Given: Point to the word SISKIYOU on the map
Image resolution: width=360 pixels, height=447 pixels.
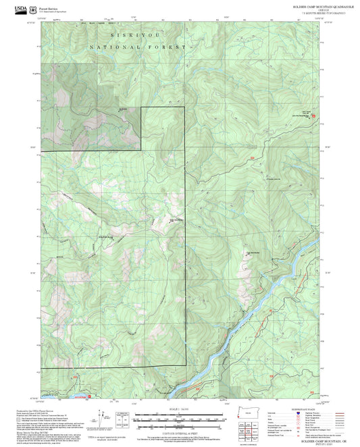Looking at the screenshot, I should pyautogui.click(x=130, y=33).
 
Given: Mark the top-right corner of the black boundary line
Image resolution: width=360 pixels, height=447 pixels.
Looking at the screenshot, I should pyautogui.click(x=186, y=107).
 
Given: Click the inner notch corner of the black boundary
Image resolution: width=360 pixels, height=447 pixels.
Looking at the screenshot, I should pyautogui.click(x=140, y=149).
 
